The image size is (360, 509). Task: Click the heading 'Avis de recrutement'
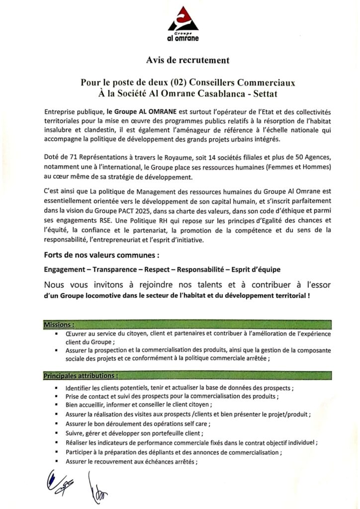187,60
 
